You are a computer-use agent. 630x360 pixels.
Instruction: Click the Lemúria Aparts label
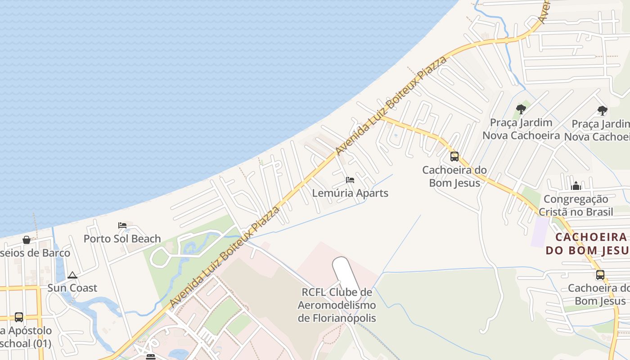350,193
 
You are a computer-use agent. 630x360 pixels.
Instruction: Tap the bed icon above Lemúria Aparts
350,180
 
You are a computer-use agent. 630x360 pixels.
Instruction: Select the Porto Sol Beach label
122,238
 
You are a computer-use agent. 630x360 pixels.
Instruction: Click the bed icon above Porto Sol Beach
122,225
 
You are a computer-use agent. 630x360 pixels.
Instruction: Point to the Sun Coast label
72,288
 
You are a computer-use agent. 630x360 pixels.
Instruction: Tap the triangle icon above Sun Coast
72,275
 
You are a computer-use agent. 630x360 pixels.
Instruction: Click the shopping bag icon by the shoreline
27,240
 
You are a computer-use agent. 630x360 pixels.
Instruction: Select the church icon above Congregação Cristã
576,186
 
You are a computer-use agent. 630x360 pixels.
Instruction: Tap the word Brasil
597,211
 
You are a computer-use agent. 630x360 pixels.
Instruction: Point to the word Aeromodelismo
337,306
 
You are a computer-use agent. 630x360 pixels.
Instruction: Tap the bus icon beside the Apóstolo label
19,317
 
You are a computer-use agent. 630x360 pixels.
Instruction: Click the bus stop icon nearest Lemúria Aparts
454,157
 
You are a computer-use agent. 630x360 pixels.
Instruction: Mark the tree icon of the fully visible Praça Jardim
521,109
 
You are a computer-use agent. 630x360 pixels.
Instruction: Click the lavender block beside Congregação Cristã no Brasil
540,232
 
